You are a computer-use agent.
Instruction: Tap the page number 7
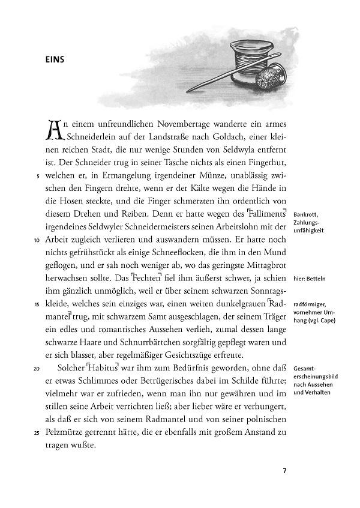pos(285,470)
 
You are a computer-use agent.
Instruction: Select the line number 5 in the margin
pos(38,177)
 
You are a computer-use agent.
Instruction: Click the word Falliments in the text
pos(266,215)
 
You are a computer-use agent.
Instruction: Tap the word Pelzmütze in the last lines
pos(67,432)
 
